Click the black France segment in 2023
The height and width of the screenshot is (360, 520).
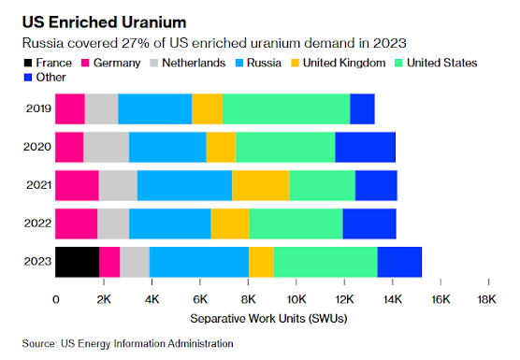(78, 262)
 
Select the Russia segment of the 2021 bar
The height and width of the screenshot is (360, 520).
(185, 186)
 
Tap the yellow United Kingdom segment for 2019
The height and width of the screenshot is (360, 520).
(208, 109)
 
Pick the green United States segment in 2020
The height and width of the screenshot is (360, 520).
(285, 147)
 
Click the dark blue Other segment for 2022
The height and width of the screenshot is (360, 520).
(369, 223)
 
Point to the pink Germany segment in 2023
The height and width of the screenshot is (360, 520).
(109, 262)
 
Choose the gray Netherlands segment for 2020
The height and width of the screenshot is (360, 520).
(106, 147)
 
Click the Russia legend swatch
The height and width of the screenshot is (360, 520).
(239, 63)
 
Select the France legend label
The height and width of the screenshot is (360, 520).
(53, 63)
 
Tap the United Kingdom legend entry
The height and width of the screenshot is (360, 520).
(339, 63)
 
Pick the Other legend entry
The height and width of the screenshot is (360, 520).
(45, 78)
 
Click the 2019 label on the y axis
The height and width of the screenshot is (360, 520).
(38, 108)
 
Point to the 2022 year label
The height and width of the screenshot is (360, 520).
(37, 223)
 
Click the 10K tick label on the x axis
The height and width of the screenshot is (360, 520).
(296, 299)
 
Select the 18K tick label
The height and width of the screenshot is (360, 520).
(486, 299)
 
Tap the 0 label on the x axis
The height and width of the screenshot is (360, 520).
(56, 299)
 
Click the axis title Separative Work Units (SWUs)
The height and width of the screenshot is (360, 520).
(268, 319)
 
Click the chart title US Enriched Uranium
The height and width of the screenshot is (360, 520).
(104, 22)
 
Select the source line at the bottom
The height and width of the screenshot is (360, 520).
(128, 344)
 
